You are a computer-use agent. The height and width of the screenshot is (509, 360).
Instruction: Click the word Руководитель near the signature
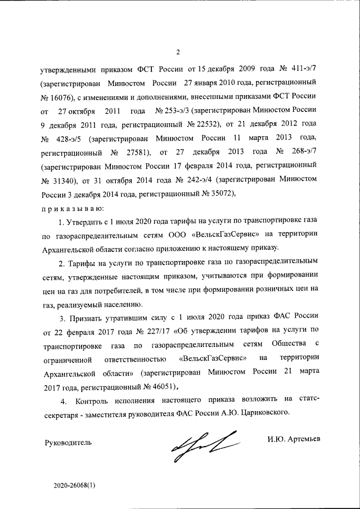click(67, 442)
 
